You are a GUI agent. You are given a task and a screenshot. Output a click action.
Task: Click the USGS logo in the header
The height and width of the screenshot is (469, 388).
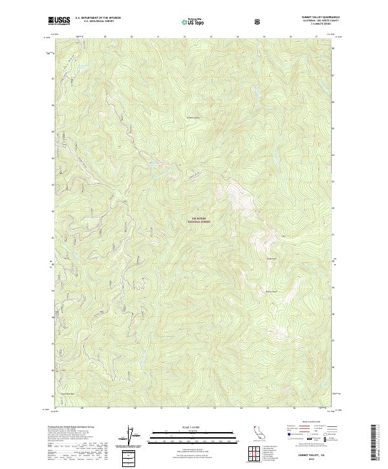(x=59, y=21)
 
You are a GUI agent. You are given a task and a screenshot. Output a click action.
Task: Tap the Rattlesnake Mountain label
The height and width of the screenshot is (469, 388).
(x=272, y=292)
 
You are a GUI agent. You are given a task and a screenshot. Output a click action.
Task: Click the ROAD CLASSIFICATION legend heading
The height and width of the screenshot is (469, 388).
(x=310, y=426)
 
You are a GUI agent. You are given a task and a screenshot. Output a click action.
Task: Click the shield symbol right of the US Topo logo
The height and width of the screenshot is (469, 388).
(x=259, y=21)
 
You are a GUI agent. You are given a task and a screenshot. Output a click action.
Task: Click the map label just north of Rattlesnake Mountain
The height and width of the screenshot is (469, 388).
(x=272, y=259)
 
